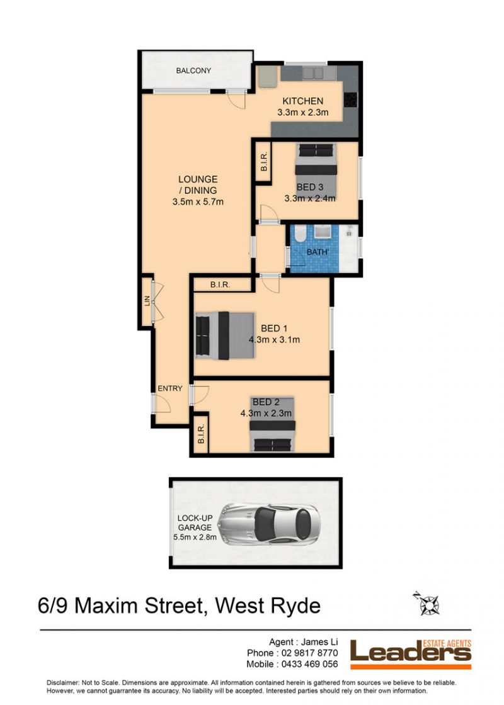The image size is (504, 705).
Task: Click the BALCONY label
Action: click(x=193, y=70)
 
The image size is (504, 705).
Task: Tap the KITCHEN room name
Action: click(x=303, y=101)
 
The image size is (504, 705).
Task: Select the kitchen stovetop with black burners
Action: click(x=350, y=100)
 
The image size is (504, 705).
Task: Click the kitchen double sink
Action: click(x=312, y=73)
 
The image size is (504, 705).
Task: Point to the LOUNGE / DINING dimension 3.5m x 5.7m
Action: click(x=198, y=202)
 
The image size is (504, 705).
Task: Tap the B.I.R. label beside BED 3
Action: click(x=264, y=161)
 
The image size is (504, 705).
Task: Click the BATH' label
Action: click(x=318, y=252)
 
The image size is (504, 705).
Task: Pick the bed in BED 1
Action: click(x=225, y=336)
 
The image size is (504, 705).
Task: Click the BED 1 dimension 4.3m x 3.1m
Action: click(x=275, y=340)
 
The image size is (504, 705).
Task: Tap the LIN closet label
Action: click(x=147, y=301)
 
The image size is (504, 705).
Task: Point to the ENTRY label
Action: click(x=170, y=388)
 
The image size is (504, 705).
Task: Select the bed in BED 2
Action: click(x=273, y=424)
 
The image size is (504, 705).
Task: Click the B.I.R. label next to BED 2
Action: click(x=201, y=434)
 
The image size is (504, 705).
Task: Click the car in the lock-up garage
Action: click(x=269, y=525)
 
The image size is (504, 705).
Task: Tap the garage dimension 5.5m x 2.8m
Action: click(x=195, y=537)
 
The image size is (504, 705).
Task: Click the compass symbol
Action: click(x=427, y=604)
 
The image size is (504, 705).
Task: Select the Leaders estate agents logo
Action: click(x=411, y=654)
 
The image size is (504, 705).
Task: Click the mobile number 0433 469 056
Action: click(x=309, y=664)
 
